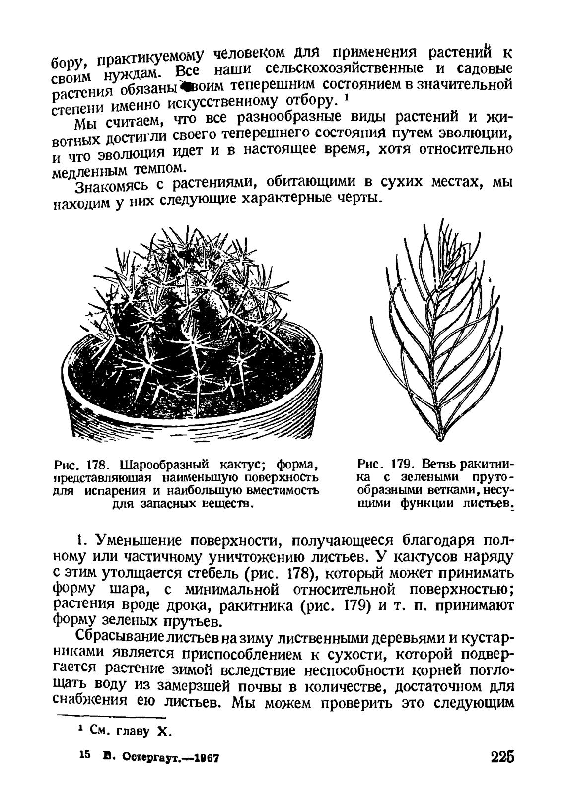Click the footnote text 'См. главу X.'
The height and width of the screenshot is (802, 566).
click(130, 733)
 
